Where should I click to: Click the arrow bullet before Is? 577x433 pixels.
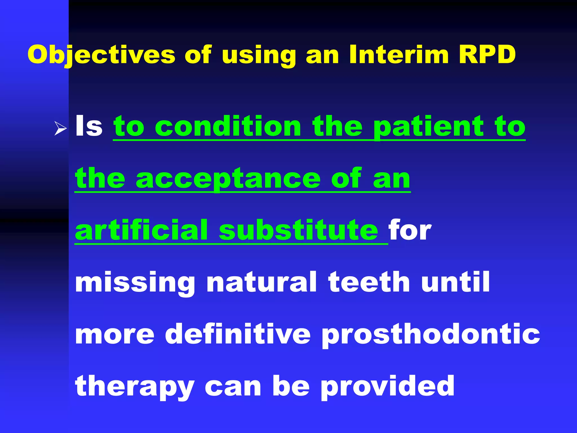point(60,129)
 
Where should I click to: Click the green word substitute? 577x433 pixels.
point(299,231)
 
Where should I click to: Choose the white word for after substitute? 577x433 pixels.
point(410,231)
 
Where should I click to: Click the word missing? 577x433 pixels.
point(135,283)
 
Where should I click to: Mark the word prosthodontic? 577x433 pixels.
point(431,335)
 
